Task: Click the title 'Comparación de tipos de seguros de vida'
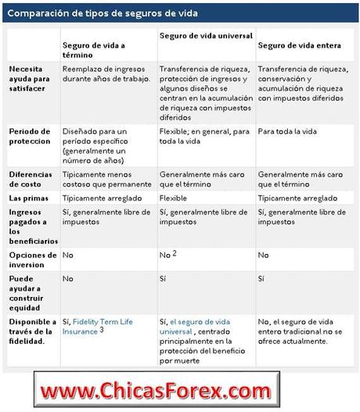pos(102,13)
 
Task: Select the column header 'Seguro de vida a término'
pos(97,49)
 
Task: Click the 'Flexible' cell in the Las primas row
pos(173,199)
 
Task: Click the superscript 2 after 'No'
pos(174,253)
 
